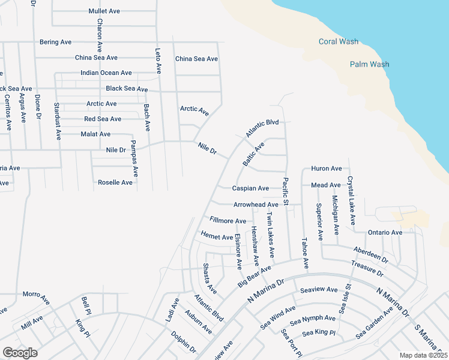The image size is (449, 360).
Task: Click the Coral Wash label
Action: click(339, 41)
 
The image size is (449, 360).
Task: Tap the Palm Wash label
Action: click(369, 64)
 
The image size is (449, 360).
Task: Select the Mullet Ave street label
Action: click(105, 11)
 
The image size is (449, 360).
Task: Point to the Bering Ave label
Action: click(56, 42)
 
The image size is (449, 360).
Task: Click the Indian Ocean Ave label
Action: click(106, 73)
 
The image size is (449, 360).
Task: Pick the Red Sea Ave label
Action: click(103, 119)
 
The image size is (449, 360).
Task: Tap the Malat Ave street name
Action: click(95, 134)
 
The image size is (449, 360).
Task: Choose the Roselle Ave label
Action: click(115, 182)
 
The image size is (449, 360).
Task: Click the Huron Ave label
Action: click(326, 169)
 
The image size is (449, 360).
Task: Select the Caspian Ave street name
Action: click(251, 188)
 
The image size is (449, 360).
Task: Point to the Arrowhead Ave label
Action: click(256, 205)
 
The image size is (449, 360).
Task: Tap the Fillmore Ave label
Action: click(228, 221)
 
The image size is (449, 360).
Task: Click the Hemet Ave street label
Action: click(217, 236)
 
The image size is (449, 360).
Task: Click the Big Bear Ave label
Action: click(255, 274)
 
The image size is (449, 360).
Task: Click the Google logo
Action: click(20, 352)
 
